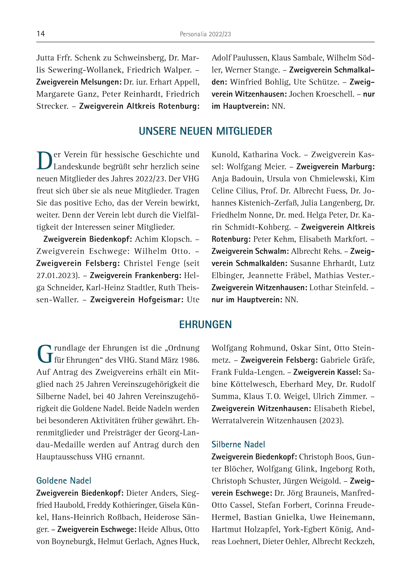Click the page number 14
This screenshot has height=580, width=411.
click(x=41, y=34)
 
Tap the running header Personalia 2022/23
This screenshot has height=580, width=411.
click(x=205, y=34)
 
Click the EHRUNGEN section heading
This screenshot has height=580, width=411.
click(x=205, y=324)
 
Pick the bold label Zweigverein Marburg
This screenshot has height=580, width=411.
click(x=335, y=167)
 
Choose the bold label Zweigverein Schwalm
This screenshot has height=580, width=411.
click(x=250, y=251)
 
